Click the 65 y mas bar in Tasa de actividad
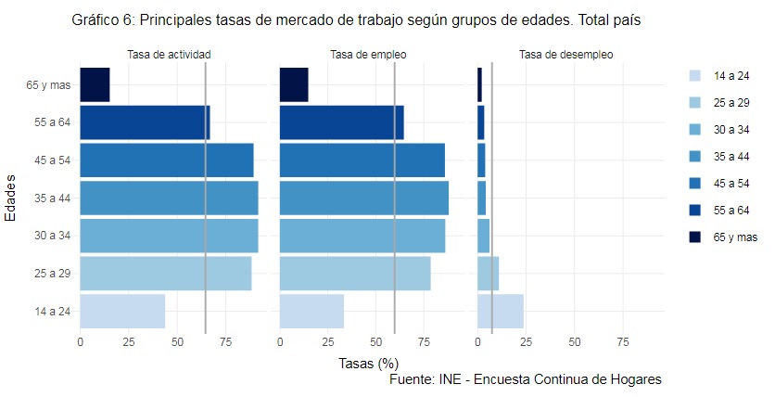click(95, 84)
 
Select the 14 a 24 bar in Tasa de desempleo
click(500, 311)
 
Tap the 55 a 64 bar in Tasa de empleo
click(341, 122)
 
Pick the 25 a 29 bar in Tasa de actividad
click(165, 274)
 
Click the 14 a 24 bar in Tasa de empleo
click(311, 311)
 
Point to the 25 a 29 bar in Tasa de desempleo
click(488, 274)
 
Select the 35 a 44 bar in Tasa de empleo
click(363, 198)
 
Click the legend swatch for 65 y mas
click(695, 237)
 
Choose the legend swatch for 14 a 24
click(695, 74)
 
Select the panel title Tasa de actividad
click(169, 55)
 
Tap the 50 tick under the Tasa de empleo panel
click(375, 343)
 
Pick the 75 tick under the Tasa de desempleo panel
click(622, 343)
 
